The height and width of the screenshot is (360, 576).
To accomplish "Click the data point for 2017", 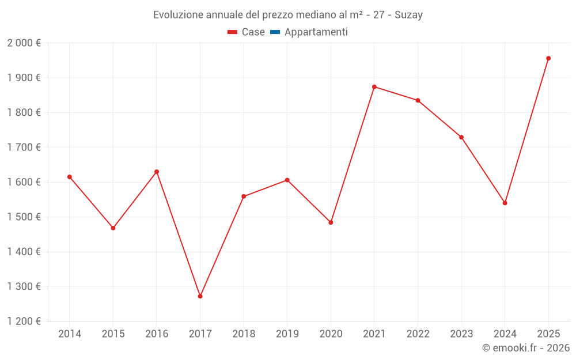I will (x=200, y=296).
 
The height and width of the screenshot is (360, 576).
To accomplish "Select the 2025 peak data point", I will (x=548, y=58).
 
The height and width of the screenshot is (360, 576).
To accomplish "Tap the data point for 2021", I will (x=374, y=87).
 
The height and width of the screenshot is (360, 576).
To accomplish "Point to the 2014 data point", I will (x=70, y=177).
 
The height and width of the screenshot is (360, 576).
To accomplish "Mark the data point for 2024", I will (x=505, y=203).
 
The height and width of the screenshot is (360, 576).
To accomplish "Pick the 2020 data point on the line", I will (x=331, y=222).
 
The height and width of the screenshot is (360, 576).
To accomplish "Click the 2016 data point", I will (x=157, y=172).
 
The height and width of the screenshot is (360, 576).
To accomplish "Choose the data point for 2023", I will (x=461, y=137).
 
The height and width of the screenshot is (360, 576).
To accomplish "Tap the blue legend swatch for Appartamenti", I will (x=275, y=32).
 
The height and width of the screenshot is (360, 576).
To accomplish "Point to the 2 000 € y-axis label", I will (x=24, y=43).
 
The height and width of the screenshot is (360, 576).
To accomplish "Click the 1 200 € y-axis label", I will (x=24, y=321).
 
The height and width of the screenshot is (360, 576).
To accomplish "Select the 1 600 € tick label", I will (x=24, y=182).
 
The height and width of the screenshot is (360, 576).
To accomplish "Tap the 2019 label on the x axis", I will (x=287, y=334).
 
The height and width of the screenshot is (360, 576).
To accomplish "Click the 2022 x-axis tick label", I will (x=418, y=334).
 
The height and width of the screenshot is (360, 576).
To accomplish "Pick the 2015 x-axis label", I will (x=113, y=334).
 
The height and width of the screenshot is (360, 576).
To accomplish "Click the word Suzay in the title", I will (x=408, y=15).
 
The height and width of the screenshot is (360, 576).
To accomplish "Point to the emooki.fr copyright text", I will (x=526, y=348).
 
